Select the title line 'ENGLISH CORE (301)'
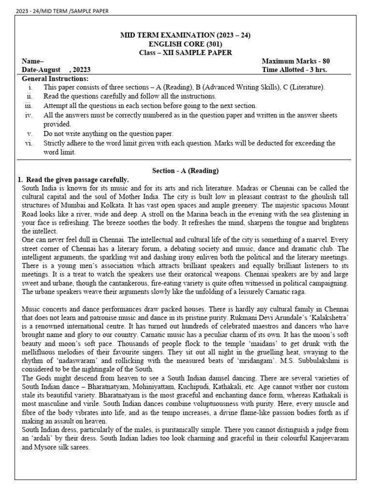point(185,44)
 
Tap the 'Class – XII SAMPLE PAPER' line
point(185,52)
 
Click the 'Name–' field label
point(33,61)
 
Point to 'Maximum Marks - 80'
point(296,61)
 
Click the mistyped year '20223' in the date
point(81,70)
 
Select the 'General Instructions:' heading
point(55,78)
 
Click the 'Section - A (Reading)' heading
point(185,171)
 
